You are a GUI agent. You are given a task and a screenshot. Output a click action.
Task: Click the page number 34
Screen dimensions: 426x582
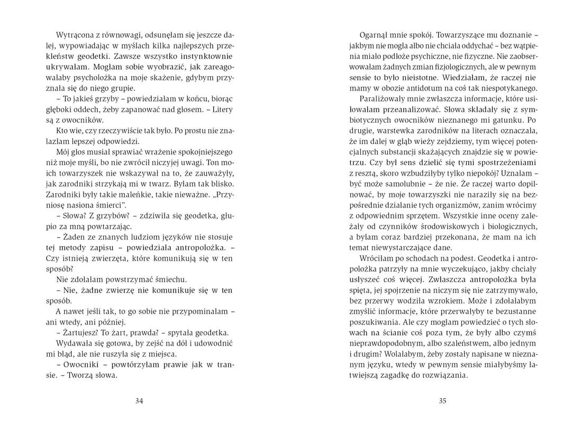click(139, 401)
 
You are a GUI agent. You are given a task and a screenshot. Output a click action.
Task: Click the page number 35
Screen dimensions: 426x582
click(443, 401)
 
